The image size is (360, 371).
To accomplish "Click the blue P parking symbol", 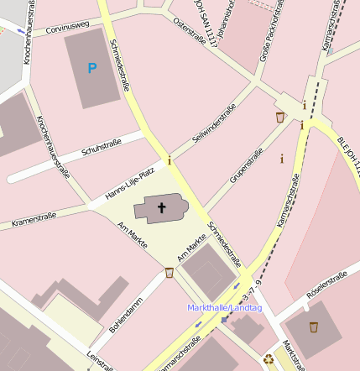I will [92, 67].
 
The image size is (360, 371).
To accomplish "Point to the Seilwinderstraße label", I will [215, 124].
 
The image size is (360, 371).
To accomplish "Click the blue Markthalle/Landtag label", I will [225, 308].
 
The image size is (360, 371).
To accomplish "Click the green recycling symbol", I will [269, 360].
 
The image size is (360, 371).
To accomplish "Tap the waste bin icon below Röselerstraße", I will [314, 327].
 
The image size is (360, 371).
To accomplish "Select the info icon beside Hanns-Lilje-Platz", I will [170, 159].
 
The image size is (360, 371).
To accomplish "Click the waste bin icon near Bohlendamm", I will [170, 273].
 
